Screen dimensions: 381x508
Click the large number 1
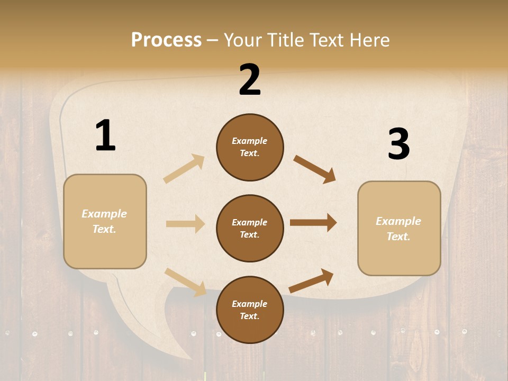click(105, 135)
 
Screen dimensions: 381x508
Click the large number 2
click(250, 80)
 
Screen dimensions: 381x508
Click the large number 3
click(398, 144)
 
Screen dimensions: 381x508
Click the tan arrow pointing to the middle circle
click(185, 224)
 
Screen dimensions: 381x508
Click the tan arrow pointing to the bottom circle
click(186, 282)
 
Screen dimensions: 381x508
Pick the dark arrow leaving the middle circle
click(313, 223)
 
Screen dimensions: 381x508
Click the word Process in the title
click(166, 40)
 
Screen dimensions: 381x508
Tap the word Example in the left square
click(104, 214)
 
